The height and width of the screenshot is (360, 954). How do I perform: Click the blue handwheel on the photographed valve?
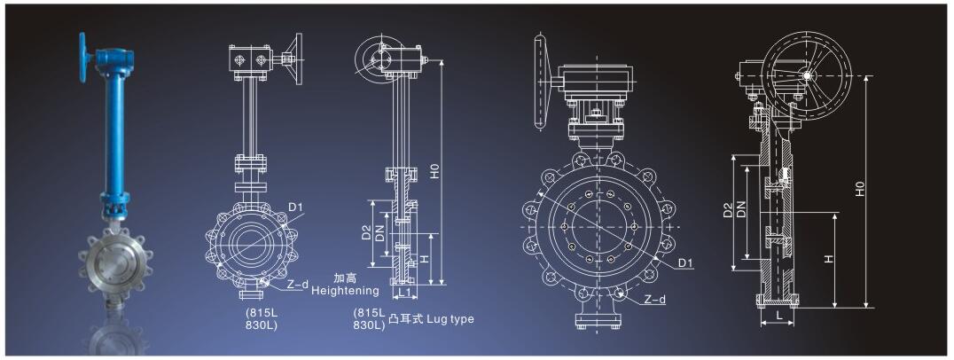click(x=82, y=58)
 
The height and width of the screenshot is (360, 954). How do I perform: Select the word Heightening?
click(x=345, y=291)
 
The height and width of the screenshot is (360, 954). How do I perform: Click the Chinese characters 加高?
click(x=344, y=278)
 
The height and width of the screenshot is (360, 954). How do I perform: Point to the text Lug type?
click(x=450, y=318)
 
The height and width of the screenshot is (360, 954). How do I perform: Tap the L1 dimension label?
click(x=406, y=293)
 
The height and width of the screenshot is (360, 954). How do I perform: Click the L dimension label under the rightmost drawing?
click(x=778, y=317)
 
